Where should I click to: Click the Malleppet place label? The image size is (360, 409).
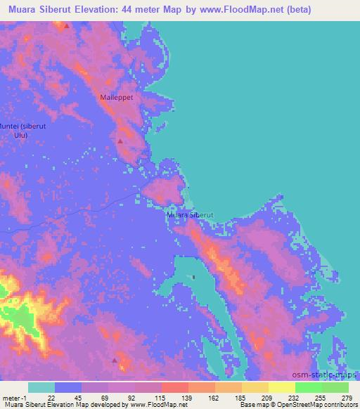tap(117, 100)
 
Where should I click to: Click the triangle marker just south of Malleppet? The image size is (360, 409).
tap(120, 141)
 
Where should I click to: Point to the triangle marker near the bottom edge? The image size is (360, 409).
tap(115, 360)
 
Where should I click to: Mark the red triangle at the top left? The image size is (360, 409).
tap(66, 25)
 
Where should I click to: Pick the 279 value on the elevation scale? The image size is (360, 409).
tap(347, 397)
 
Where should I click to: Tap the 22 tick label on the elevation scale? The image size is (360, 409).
tap(51, 397)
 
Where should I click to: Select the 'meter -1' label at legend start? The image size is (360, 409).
tap(14, 397)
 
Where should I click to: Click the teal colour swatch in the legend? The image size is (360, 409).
tap(41, 387)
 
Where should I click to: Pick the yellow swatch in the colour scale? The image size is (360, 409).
tap(282, 387)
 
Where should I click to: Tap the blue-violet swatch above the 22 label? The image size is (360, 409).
tap(68, 387)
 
